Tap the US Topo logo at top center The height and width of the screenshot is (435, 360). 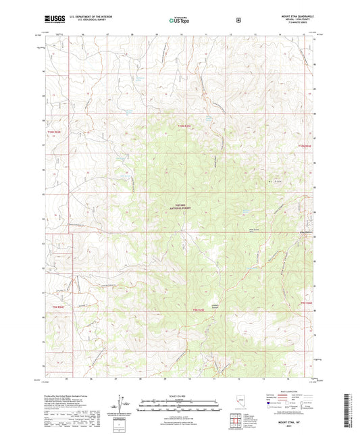coord(180,20)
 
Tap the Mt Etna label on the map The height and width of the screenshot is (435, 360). coord(274,181)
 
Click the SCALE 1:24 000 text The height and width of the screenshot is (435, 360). coord(180,395)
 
